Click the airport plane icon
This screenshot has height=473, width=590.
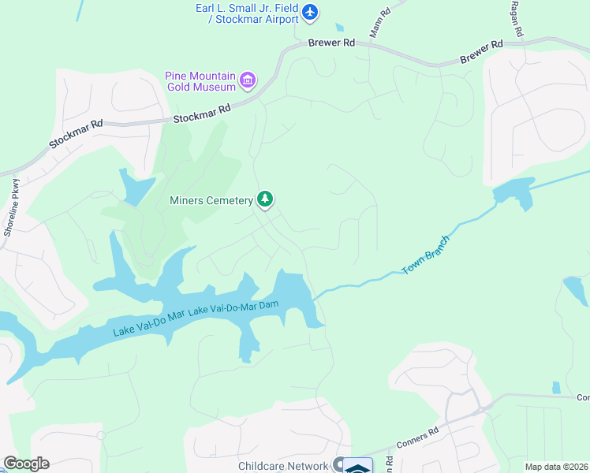[310, 12]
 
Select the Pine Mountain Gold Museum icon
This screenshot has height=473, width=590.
[248, 80]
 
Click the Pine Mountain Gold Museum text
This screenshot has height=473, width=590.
[200, 81]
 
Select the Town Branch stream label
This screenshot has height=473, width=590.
[427, 255]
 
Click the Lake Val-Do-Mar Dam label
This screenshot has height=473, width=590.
[234, 309]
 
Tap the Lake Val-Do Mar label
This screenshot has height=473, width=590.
[149, 322]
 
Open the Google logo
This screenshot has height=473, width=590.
[26, 464]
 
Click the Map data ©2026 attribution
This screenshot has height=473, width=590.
[555, 467]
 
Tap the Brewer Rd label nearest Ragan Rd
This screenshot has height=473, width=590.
[481, 53]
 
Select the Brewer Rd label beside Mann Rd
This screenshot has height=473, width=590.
[332, 44]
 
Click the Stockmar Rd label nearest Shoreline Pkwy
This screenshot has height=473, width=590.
[77, 135]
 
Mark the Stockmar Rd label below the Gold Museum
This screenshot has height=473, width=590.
[202, 114]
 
